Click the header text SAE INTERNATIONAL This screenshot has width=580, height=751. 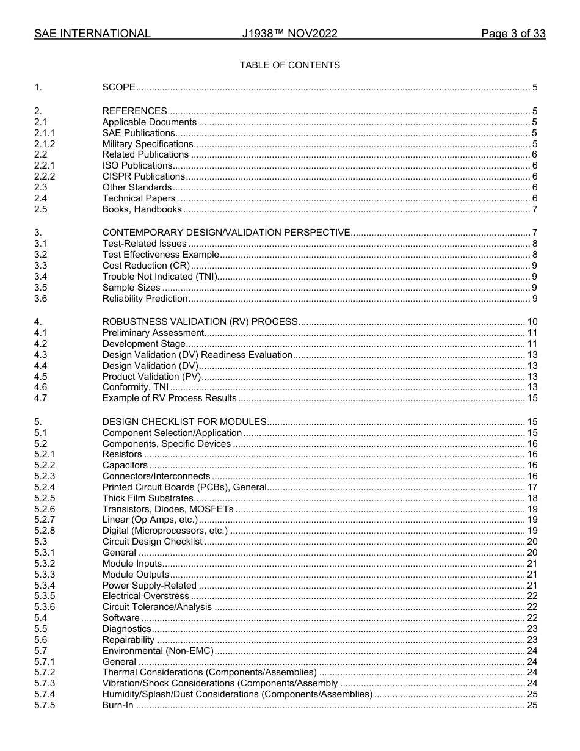(92, 34)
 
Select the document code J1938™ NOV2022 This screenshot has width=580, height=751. (289, 34)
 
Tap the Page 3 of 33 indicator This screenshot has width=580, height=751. (513, 34)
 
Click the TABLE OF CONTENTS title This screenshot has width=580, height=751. (289, 65)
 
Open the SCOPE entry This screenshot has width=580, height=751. (119, 88)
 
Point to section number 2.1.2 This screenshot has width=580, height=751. (45, 144)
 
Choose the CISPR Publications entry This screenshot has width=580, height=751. (143, 177)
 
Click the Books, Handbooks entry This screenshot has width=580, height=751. (142, 210)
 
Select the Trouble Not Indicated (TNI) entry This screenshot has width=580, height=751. (160, 277)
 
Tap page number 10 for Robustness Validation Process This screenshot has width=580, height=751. (532, 322)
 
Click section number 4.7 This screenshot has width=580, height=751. (41, 399)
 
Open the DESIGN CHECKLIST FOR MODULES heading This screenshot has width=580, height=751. (184, 422)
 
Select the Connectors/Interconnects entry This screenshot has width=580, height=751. (156, 477)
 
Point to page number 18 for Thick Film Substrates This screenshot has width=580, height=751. (532, 499)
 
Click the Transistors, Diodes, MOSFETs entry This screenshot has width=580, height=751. (168, 510)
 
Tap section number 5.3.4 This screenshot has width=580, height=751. (45, 586)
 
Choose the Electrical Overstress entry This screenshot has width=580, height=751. (146, 597)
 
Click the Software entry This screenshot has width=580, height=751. (121, 619)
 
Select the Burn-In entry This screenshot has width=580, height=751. (118, 706)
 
